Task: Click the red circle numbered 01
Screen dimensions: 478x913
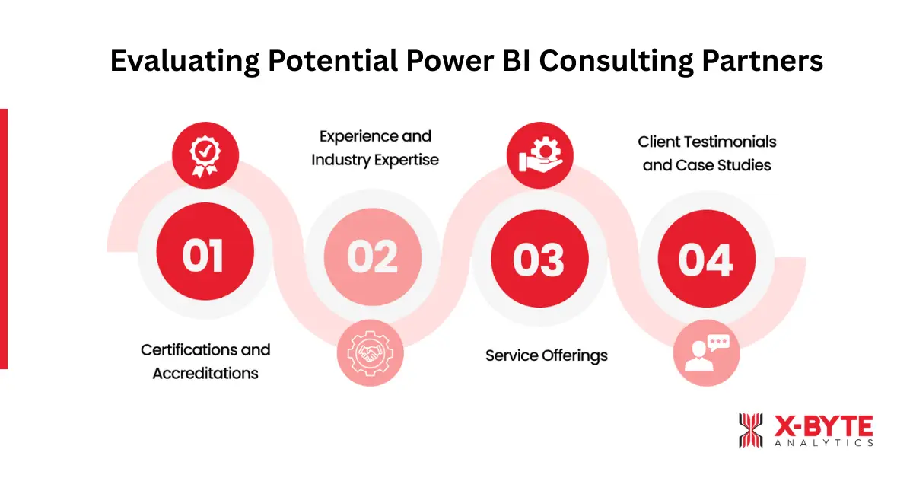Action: click(x=203, y=256)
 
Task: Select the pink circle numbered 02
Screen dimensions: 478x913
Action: click(x=372, y=256)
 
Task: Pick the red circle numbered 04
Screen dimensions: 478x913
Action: click(x=706, y=258)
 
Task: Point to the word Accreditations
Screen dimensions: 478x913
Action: click(x=205, y=373)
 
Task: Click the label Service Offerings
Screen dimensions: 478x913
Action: click(x=546, y=355)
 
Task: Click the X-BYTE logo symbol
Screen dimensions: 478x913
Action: click(x=750, y=431)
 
